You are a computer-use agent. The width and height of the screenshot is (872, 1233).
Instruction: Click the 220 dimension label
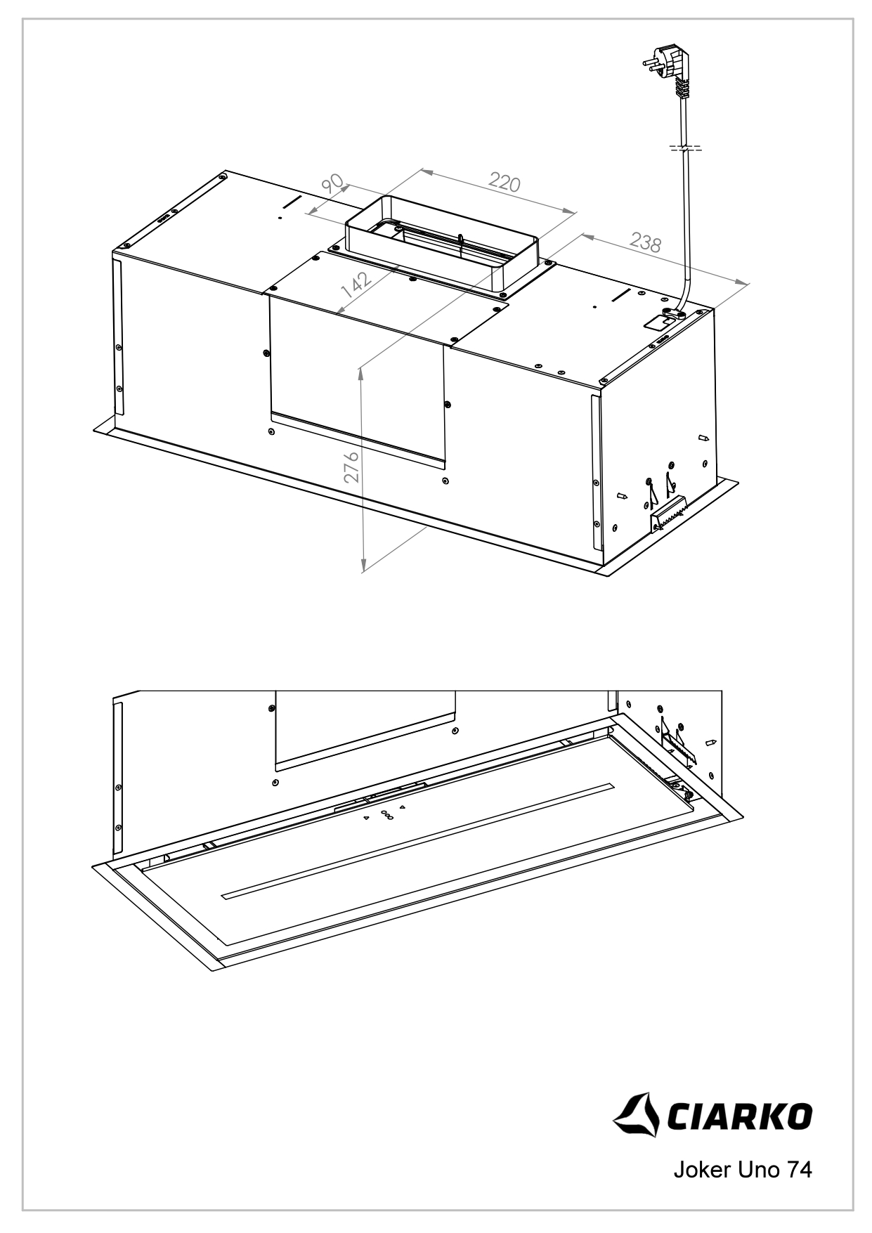[x=505, y=183]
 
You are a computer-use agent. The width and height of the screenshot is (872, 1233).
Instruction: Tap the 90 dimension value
[x=332, y=184]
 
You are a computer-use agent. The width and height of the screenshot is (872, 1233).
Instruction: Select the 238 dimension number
[x=645, y=243]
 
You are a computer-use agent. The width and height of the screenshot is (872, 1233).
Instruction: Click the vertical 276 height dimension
[x=351, y=467]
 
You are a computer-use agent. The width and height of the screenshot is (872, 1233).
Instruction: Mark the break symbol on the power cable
[x=684, y=149]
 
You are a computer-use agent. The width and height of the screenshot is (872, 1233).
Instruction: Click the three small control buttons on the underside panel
[x=386, y=814]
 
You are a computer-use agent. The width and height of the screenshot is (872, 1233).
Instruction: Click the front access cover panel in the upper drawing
[x=357, y=383]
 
